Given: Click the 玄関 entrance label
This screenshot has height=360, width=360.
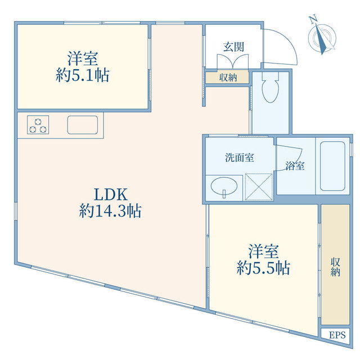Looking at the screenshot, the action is pyautogui.click(x=233, y=47).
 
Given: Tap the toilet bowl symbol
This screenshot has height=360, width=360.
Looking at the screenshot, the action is pyautogui.click(x=270, y=88).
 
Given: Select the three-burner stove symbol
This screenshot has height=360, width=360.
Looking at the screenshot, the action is pyautogui.click(x=38, y=125).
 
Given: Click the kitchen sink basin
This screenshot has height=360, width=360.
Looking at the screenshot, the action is pyautogui.click(x=83, y=125).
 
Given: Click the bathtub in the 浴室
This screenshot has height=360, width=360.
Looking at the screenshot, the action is pyautogui.click(x=332, y=166).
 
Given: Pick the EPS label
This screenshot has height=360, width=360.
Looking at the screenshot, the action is pyautogui.click(x=337, y=335).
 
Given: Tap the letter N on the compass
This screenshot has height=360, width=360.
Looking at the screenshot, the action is pyautogui.click(x=313, y=19).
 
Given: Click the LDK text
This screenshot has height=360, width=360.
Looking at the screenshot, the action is pyautogui.click(x=111, y=195).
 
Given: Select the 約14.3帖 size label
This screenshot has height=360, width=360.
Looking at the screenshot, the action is pyautogui.click(x=110, y=211).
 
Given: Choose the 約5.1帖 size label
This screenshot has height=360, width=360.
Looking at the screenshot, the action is pyautogui.click(x=83, y=75).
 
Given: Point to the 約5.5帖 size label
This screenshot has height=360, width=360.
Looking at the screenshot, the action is pyautogui.click(x=263, y=268).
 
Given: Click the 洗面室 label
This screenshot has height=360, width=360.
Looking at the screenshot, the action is pyautogui.click(x=239, y=157).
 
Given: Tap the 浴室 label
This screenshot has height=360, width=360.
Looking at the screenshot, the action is pyautogui.click(x=295, y=165).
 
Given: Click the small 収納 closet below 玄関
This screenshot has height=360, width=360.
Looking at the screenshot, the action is pyautogui.click(x=227, y=78).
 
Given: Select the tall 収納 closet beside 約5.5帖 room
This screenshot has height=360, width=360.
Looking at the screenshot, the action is pyautogui.click(x=335, y=264).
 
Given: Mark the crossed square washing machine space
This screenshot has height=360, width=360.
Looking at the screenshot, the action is pyautogui.click(x=259, y=187).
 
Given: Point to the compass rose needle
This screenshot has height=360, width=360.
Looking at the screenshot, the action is pyautogui.click(x=321, y=39).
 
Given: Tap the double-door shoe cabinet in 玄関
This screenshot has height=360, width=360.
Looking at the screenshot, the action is pyautogui.click(x=233, y=61).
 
